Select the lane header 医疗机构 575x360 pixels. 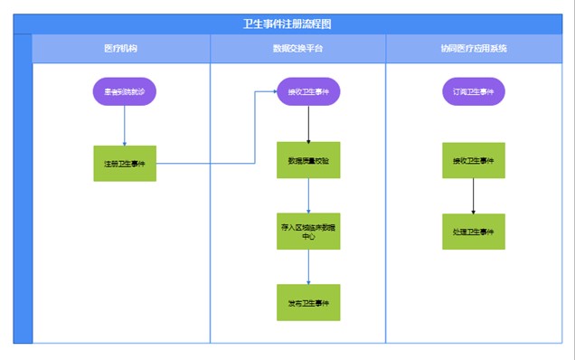(x=121, y=49)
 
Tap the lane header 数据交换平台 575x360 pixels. (x=297, y=49)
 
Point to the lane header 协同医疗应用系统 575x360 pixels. (x=473, y=49)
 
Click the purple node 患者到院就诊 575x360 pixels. (x=125, y=91)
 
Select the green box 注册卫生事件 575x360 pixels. (x=125, y=164)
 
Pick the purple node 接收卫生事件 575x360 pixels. (x=308, y=91)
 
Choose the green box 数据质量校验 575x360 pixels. (x=308, y=160)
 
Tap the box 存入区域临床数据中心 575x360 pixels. (x=308, y=231)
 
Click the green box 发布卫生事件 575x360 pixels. (x=308, y=302)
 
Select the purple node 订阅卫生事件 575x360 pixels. (x=473, y=91)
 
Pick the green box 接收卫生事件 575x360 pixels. (x=473, y=160)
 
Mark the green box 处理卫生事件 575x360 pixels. (x=473, y=232)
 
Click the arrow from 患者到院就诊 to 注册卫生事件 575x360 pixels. (x=125, y=126)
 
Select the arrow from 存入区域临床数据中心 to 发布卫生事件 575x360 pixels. (x=308, y=267)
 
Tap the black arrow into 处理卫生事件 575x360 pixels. (x=473, y=196)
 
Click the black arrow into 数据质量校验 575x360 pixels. (x=308, y=124)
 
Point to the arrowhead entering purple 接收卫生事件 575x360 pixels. (x=273, y=91)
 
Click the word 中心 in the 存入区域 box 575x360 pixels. (x=308, y=237)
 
